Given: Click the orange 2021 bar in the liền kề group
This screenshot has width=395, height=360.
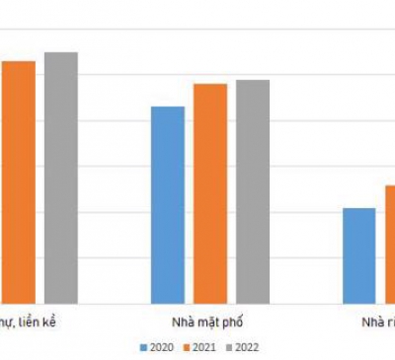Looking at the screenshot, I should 18,181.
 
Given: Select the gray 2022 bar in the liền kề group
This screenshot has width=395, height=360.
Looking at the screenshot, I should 60,178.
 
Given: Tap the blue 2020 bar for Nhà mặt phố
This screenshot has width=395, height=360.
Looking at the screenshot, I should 168,204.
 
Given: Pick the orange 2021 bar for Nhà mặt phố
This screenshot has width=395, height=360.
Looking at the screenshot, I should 209,193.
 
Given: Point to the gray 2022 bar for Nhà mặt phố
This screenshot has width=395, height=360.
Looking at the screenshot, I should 252,191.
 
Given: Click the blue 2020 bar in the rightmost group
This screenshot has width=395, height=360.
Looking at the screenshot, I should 359,255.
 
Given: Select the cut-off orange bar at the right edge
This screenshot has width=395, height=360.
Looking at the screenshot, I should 390,244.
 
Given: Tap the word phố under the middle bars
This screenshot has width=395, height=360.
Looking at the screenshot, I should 234,323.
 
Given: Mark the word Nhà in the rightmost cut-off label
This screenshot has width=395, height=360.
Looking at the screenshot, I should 372,323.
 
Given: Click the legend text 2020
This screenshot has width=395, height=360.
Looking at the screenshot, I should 161,347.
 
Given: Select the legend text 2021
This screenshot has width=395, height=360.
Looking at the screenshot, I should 203,347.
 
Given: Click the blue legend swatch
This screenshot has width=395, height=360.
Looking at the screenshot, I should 143,347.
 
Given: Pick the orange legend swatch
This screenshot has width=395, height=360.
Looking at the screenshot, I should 186,347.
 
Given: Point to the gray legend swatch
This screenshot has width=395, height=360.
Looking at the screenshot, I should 228,347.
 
